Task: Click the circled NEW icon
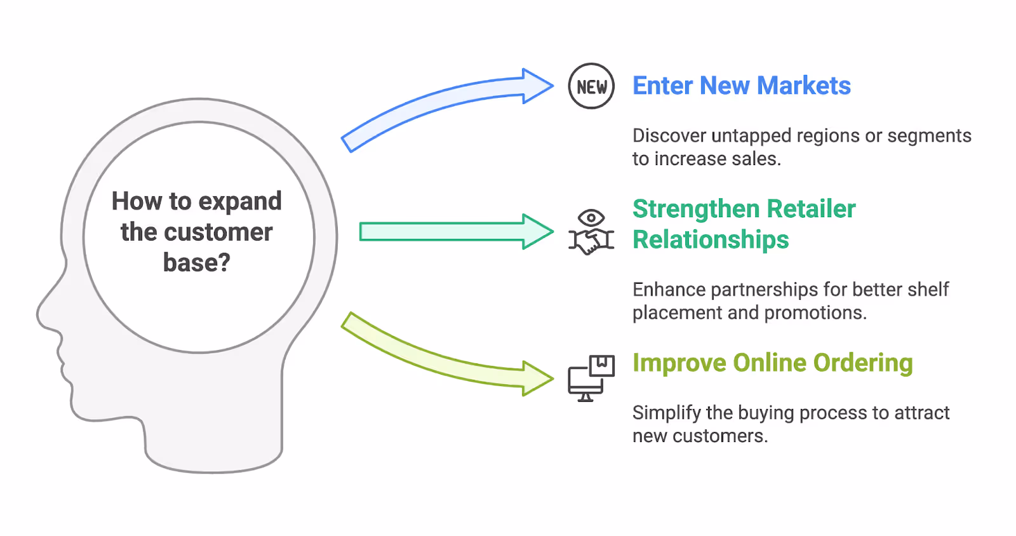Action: [x=591, y=86]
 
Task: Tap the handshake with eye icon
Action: [x=591, y=232]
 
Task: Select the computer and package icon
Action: [x=591, y=379]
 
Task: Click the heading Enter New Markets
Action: [x=741, y=86]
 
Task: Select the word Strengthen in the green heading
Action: [x=696, y=209]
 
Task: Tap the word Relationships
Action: [x=711, y=240]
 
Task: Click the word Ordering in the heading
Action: [x=863, y=363]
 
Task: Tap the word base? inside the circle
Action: [x=197, y=262]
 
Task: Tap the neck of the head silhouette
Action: [x=213, y=438]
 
